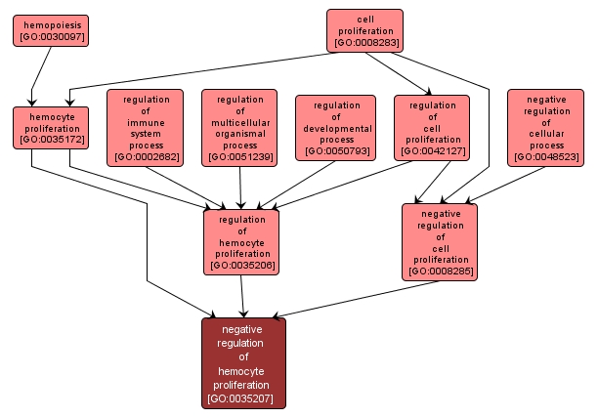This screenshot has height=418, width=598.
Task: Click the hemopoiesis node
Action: click(x=50, y=29)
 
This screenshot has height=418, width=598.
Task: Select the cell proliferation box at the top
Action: click(x=364, y=30)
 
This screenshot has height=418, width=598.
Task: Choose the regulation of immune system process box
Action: click(x=146, y=127)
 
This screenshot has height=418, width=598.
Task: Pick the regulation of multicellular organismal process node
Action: click(x=240, y=127)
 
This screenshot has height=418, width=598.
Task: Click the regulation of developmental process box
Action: click(x=335, y=127)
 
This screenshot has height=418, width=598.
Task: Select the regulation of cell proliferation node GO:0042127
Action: click(x=432, y=127)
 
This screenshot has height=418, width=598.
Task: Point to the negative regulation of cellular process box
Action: click(x=545, y=127)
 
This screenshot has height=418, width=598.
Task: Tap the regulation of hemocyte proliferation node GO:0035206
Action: click(x=241, y=241)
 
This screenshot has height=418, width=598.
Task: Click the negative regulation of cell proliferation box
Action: click(x=440, y=241)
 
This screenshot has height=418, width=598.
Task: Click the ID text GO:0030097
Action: click(x=50, y=36)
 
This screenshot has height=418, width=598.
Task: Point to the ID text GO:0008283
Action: click(x=364, y=43)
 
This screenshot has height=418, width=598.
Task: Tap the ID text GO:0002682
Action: click(x=146, y=156)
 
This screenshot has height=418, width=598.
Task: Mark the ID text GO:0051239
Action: click(x=240, y=156)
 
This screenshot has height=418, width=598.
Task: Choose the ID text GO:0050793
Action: click(x=335, y=151)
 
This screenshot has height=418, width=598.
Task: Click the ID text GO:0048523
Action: click(x=545, y=156)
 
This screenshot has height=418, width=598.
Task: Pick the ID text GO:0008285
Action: click(x=440, y=271)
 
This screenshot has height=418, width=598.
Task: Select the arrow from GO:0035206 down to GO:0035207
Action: click(x=243, y=296)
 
